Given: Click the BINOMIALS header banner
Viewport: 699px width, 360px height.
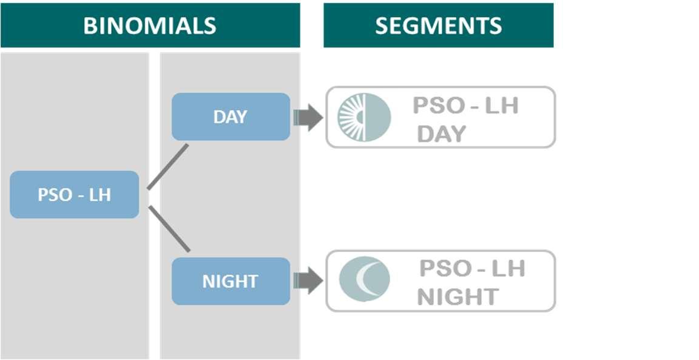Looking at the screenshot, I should coord(150,25).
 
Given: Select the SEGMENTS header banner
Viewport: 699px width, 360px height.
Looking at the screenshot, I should coord(438,25).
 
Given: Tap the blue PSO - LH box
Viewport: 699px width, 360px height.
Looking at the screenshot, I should coord(74,195).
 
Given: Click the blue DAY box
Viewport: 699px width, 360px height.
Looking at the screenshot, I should coord(231,117).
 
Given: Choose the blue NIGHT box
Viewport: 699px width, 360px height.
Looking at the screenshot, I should coord(231,281).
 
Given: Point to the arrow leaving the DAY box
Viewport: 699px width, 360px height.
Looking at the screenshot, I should coord(308,117).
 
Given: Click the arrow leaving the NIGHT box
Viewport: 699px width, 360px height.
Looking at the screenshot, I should coord(308,281).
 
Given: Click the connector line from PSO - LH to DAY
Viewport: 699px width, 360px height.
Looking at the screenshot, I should coord(168,167).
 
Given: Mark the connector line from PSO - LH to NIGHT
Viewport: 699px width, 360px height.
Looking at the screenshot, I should coord(169,229).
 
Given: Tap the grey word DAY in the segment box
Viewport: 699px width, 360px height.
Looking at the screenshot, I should coord(441,134).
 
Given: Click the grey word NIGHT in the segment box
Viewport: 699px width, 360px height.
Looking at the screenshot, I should coord(458,297).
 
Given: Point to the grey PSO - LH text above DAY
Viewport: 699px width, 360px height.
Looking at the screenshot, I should coord(465,106).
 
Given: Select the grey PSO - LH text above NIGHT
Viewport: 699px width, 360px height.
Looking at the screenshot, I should coord(472,268).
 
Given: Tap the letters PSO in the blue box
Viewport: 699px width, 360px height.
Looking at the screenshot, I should coord(55,195).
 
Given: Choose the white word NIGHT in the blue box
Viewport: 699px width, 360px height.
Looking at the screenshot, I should coord(231,282).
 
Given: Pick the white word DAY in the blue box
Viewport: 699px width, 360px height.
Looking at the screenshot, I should coord(231,117).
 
